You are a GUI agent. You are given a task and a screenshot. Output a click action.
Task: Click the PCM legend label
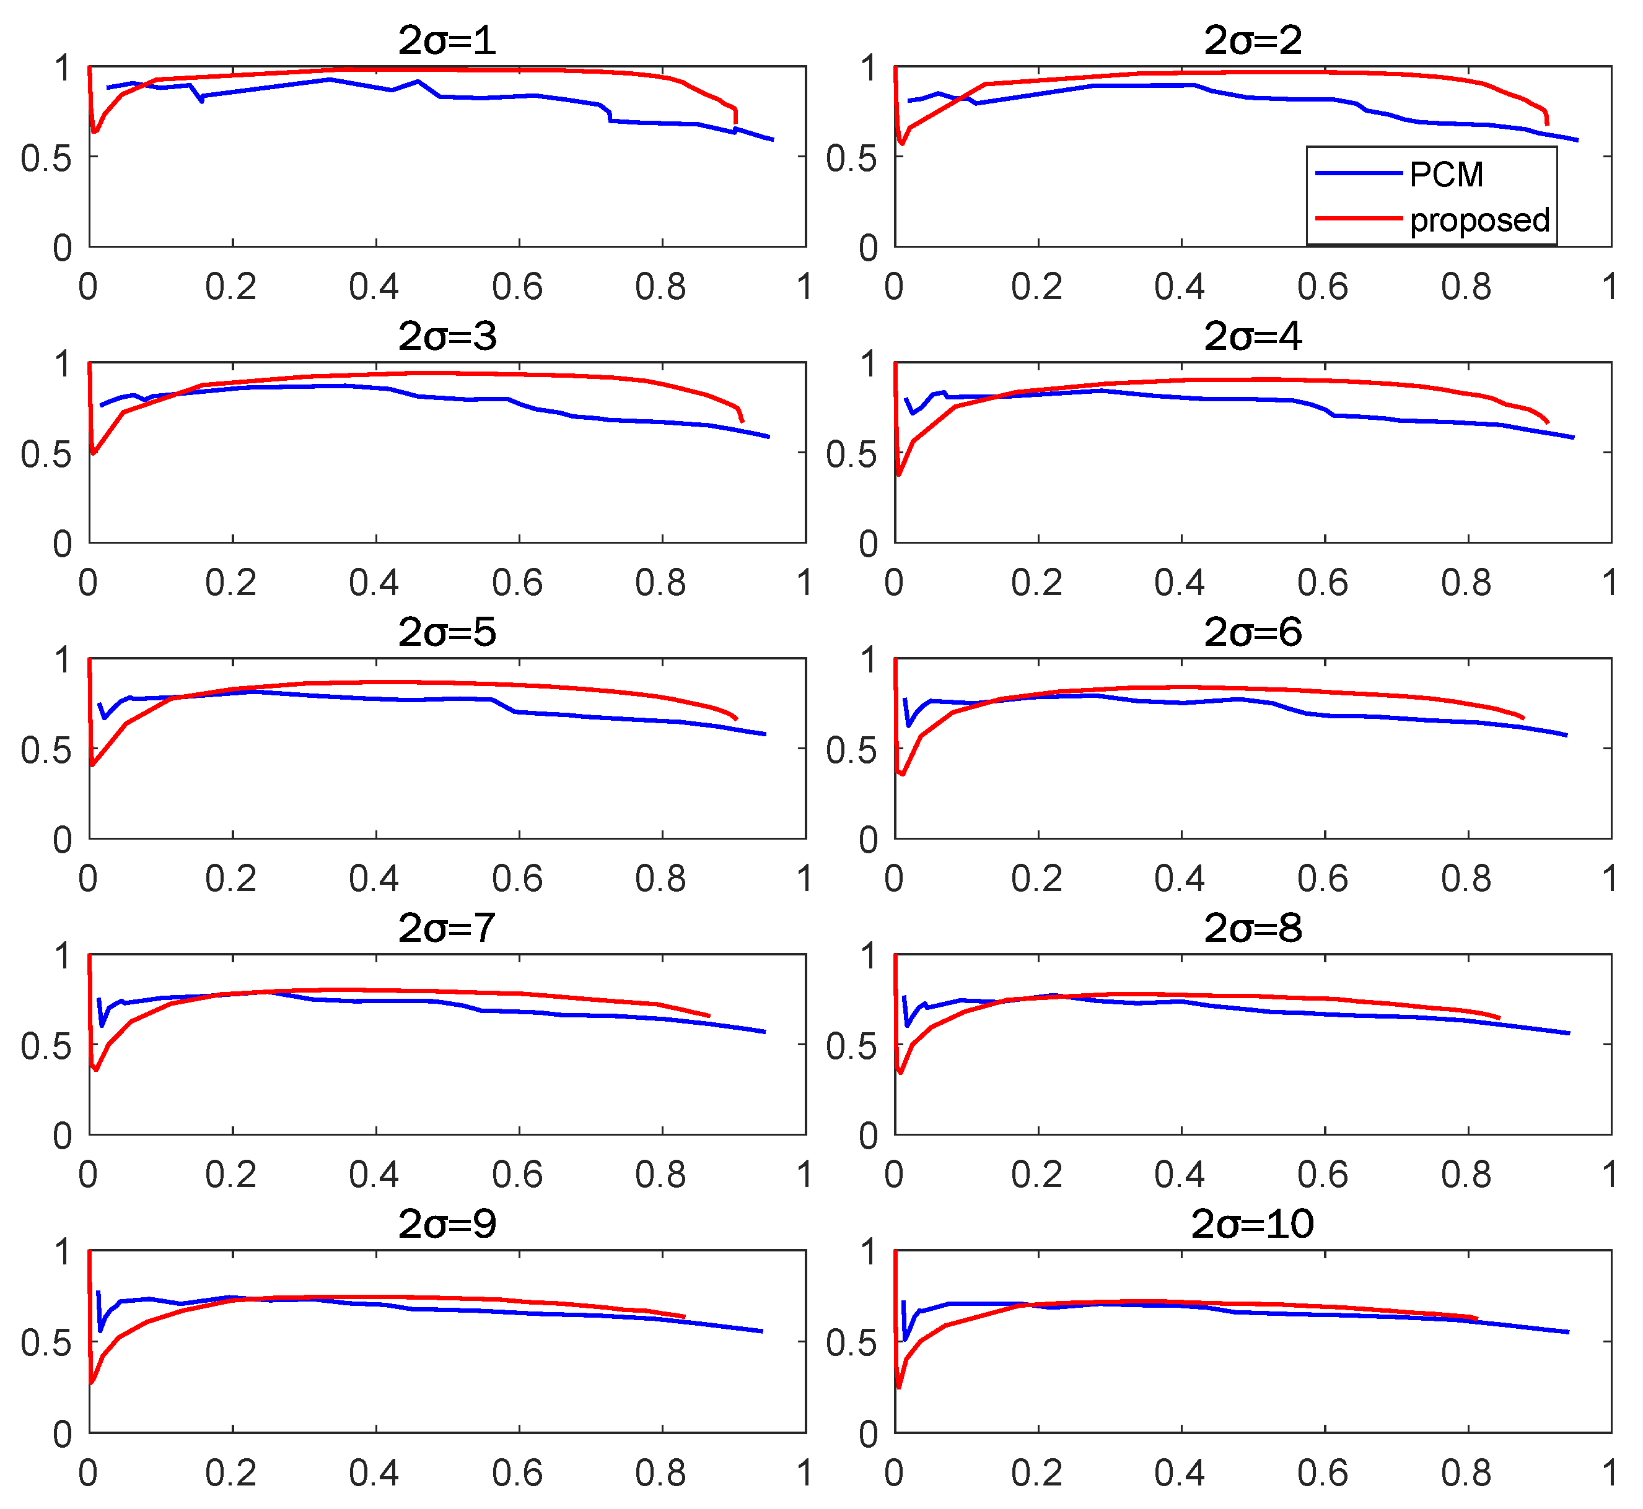(1446, 175)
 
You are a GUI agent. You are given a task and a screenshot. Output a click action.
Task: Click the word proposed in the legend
(1479, 220)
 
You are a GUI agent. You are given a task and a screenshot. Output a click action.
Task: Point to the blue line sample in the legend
(1358, 174)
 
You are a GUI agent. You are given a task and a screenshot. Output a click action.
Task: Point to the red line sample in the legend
(1358, 219)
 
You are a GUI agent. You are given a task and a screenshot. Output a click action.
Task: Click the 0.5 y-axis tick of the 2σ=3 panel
(46, 454)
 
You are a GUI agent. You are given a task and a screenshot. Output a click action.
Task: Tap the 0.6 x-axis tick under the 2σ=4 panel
(1323, 583)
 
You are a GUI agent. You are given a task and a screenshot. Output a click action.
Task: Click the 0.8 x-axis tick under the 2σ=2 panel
(1466, 287)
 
